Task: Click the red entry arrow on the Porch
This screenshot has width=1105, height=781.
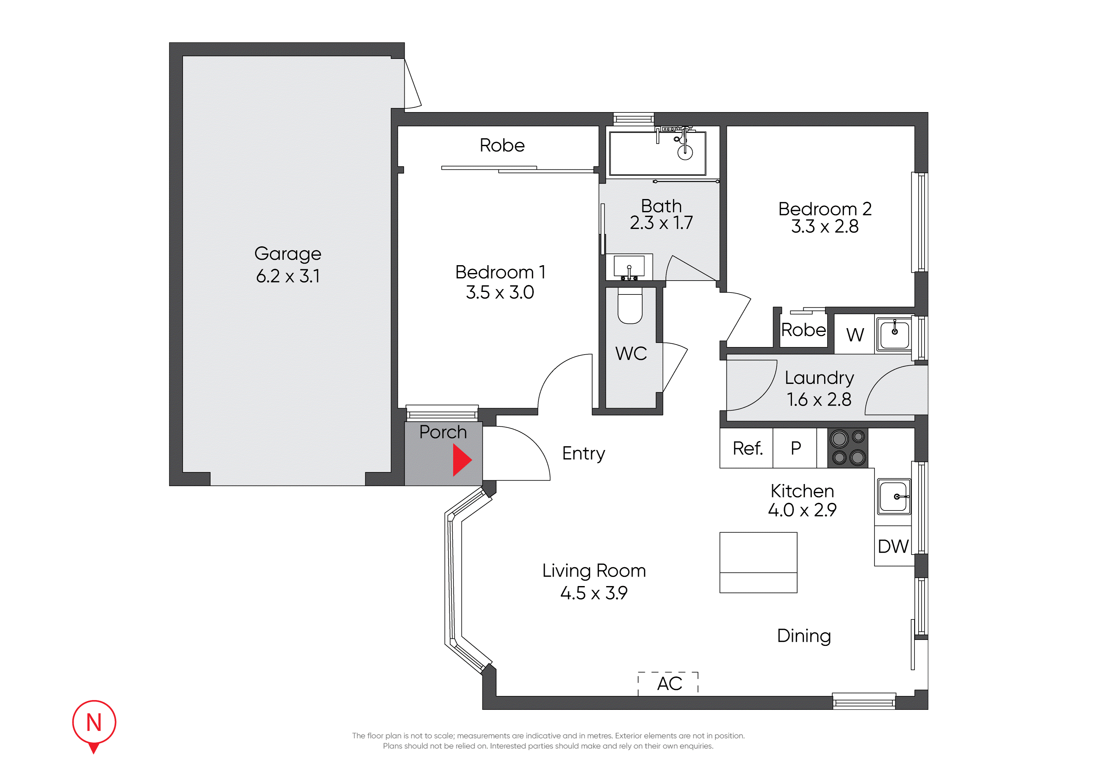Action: (x=461, y=460)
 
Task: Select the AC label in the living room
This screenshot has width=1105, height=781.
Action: (x=669, y=683)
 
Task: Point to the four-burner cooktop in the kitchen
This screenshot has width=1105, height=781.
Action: (x=848, y=448)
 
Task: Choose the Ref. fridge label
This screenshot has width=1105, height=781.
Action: (x=747, y=448)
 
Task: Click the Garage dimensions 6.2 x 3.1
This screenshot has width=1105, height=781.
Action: (x=288, y=276)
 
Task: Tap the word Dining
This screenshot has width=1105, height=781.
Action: (x=804, y=636)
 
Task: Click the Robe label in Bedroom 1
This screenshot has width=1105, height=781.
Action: (x=502, y=145)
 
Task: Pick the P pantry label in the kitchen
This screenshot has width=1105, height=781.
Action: (x=796, y=448)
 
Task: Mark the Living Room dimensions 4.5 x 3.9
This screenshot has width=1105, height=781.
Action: (x=594, y=593)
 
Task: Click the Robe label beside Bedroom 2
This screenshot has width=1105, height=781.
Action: (x=803, y=330)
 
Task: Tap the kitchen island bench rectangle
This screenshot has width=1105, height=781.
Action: (x=758, y=562)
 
